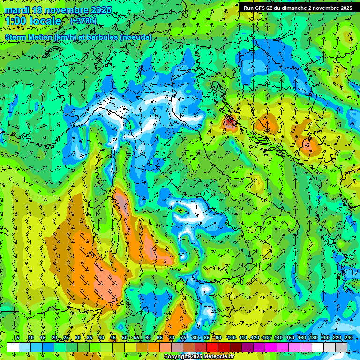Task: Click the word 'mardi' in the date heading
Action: [16, 10]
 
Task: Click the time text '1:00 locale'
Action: [34, 22]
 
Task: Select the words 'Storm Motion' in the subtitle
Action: [29, 37]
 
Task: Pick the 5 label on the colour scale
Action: [18, 338]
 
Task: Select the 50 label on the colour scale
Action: [124, 338]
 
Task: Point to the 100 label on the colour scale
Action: [231, 338]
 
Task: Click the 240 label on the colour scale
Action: [348, 338]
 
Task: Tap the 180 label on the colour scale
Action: [313, 338]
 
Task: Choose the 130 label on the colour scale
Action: [266, 338]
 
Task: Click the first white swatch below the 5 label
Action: [13, 347]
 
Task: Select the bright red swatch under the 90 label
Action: [212, 347]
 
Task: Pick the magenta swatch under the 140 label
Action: [283, 347]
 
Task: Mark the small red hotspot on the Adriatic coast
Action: [230, 124]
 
